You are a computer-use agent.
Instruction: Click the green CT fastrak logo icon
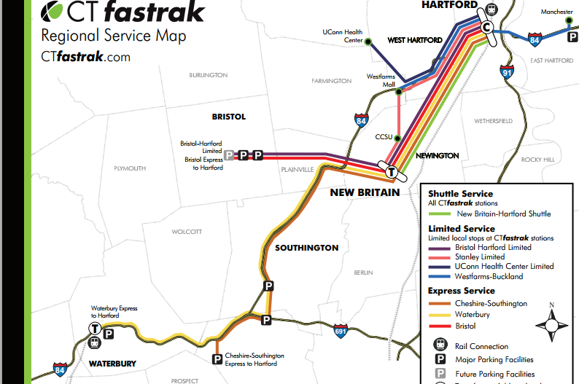[55, 12]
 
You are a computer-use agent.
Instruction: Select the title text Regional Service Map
[113, 36]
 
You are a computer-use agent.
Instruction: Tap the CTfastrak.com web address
[85, 57]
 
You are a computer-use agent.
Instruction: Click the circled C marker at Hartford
[487, 27]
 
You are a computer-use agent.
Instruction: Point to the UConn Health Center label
[342, 36]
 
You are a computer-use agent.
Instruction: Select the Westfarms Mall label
[381, 79]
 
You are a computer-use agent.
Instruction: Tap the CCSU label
[384, 136]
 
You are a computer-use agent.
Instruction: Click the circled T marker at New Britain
[392, 173]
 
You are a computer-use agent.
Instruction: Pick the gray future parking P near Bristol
[230, 155]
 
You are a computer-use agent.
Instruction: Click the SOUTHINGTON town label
[306, 248]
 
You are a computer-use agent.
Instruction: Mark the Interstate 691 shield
[341, 330]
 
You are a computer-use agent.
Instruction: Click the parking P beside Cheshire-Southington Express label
[217, 358]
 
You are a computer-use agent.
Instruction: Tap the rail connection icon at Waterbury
[95, 342]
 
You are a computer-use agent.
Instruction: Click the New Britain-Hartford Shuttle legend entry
[503, 213]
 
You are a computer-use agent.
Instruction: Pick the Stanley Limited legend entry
[480, 256]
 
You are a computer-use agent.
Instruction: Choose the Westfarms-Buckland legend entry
[489, 277]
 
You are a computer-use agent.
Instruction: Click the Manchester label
[557, 12]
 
